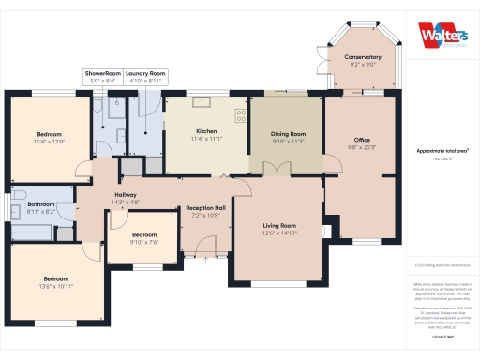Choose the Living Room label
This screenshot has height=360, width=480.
tap(279, 226)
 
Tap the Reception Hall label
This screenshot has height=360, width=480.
tap(205, 207)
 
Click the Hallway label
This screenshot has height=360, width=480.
tap(125, 195)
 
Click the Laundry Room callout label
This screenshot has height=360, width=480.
tap(145, 73)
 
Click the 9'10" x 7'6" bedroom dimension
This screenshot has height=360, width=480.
tap(144, 241)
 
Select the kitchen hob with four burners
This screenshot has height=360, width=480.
tap(241, 115)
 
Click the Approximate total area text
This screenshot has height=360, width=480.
tap(442, 150)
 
